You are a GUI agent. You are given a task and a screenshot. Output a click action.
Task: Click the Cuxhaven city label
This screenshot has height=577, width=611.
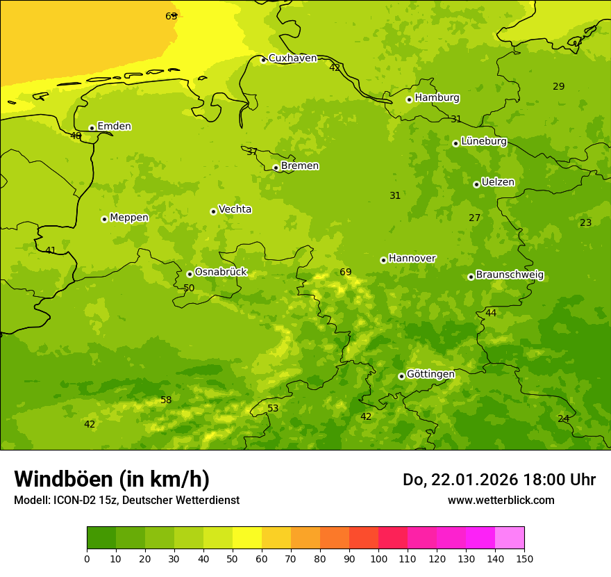292,58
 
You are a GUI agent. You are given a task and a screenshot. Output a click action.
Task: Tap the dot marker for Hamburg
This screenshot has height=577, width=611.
409,99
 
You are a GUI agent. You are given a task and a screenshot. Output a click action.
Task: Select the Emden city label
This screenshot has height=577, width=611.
114,127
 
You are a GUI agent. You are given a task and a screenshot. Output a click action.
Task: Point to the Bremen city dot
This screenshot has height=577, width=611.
276,168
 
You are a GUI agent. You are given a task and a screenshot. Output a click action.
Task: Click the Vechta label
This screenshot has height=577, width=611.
235,209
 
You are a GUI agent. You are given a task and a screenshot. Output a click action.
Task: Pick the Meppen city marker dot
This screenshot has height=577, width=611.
104,219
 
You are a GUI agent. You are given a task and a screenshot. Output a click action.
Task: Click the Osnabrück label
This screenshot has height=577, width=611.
221,272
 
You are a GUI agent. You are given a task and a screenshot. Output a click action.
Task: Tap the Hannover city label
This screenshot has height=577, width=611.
412,259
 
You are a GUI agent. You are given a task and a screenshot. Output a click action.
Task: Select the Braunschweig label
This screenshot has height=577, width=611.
510,275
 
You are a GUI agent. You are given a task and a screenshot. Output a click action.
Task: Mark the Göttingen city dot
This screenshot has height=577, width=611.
401,376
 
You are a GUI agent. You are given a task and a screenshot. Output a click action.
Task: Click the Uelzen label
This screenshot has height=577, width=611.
498,183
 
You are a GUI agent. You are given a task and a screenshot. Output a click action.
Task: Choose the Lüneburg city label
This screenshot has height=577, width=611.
484,141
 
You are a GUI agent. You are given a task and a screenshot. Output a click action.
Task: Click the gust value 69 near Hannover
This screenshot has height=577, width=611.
346,272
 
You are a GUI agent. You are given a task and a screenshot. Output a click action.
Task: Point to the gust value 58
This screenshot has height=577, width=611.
166,400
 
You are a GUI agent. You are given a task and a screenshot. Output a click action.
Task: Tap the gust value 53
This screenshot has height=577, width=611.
273,408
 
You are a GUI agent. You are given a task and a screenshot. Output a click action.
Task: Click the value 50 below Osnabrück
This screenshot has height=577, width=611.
189,288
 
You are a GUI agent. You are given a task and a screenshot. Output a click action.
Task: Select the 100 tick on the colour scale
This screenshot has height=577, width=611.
378,558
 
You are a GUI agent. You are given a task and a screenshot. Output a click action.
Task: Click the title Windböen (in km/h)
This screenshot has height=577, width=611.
112,479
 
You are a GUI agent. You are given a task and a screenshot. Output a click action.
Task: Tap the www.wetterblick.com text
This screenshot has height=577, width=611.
501,500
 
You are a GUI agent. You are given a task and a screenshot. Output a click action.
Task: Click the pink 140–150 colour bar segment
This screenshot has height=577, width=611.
510,538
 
